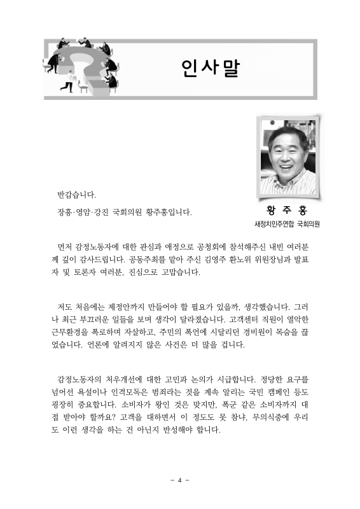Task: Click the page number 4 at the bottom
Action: click(179, 480)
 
